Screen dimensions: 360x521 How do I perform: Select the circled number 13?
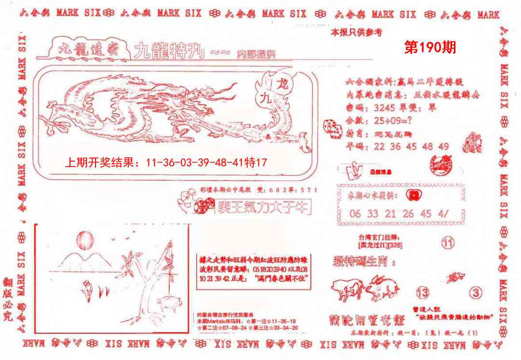[423, 292]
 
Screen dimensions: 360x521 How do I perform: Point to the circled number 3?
[476, 292]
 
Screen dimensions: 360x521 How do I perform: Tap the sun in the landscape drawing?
[85, 239]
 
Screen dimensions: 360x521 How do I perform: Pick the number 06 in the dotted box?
[355, 214]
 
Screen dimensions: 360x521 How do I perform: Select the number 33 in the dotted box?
[372, 214]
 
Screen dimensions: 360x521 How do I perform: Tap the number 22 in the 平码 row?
[380, 147]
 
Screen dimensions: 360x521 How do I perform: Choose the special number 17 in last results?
[260, 164]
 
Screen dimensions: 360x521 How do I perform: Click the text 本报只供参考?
[356, 33]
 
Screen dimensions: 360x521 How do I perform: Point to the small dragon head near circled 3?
[455, 277]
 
